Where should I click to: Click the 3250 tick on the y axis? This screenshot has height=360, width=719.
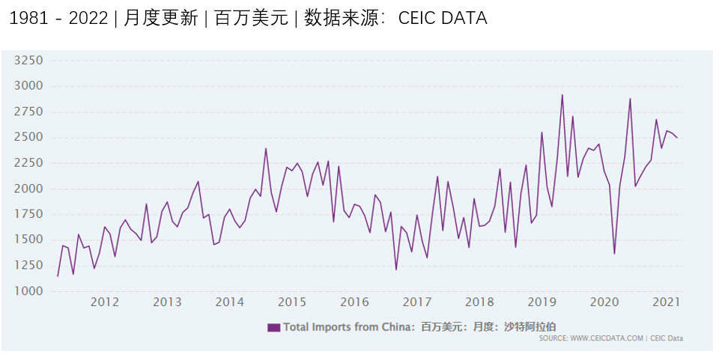coord(29,61)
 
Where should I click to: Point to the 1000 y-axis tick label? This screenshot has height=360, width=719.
coord(29,291)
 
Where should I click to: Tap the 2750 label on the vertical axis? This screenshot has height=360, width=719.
coord(29,112)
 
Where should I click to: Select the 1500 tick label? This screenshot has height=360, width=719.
coord(29,240)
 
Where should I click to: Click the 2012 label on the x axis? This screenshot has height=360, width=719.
coord(105,302)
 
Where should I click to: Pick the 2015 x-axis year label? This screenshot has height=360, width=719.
coord(292,302)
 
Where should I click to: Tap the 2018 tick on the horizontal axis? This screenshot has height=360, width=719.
coord(479,302)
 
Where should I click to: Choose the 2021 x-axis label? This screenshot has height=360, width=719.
coord(667,302)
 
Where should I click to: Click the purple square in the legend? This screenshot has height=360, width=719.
coord(273,327)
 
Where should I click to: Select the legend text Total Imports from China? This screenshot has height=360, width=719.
coord(349,327)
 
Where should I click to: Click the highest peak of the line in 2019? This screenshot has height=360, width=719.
coord(562,95)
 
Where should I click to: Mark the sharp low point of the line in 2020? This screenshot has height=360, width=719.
coord(614,254)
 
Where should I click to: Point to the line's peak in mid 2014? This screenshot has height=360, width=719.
coord(266,148)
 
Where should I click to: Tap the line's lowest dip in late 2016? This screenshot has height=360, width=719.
coord(396,269)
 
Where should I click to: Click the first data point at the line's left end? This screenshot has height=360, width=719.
coord(58,276)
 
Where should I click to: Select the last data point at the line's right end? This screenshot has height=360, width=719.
coord(677,138)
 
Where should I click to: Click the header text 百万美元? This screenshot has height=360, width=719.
coord(251,19)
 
